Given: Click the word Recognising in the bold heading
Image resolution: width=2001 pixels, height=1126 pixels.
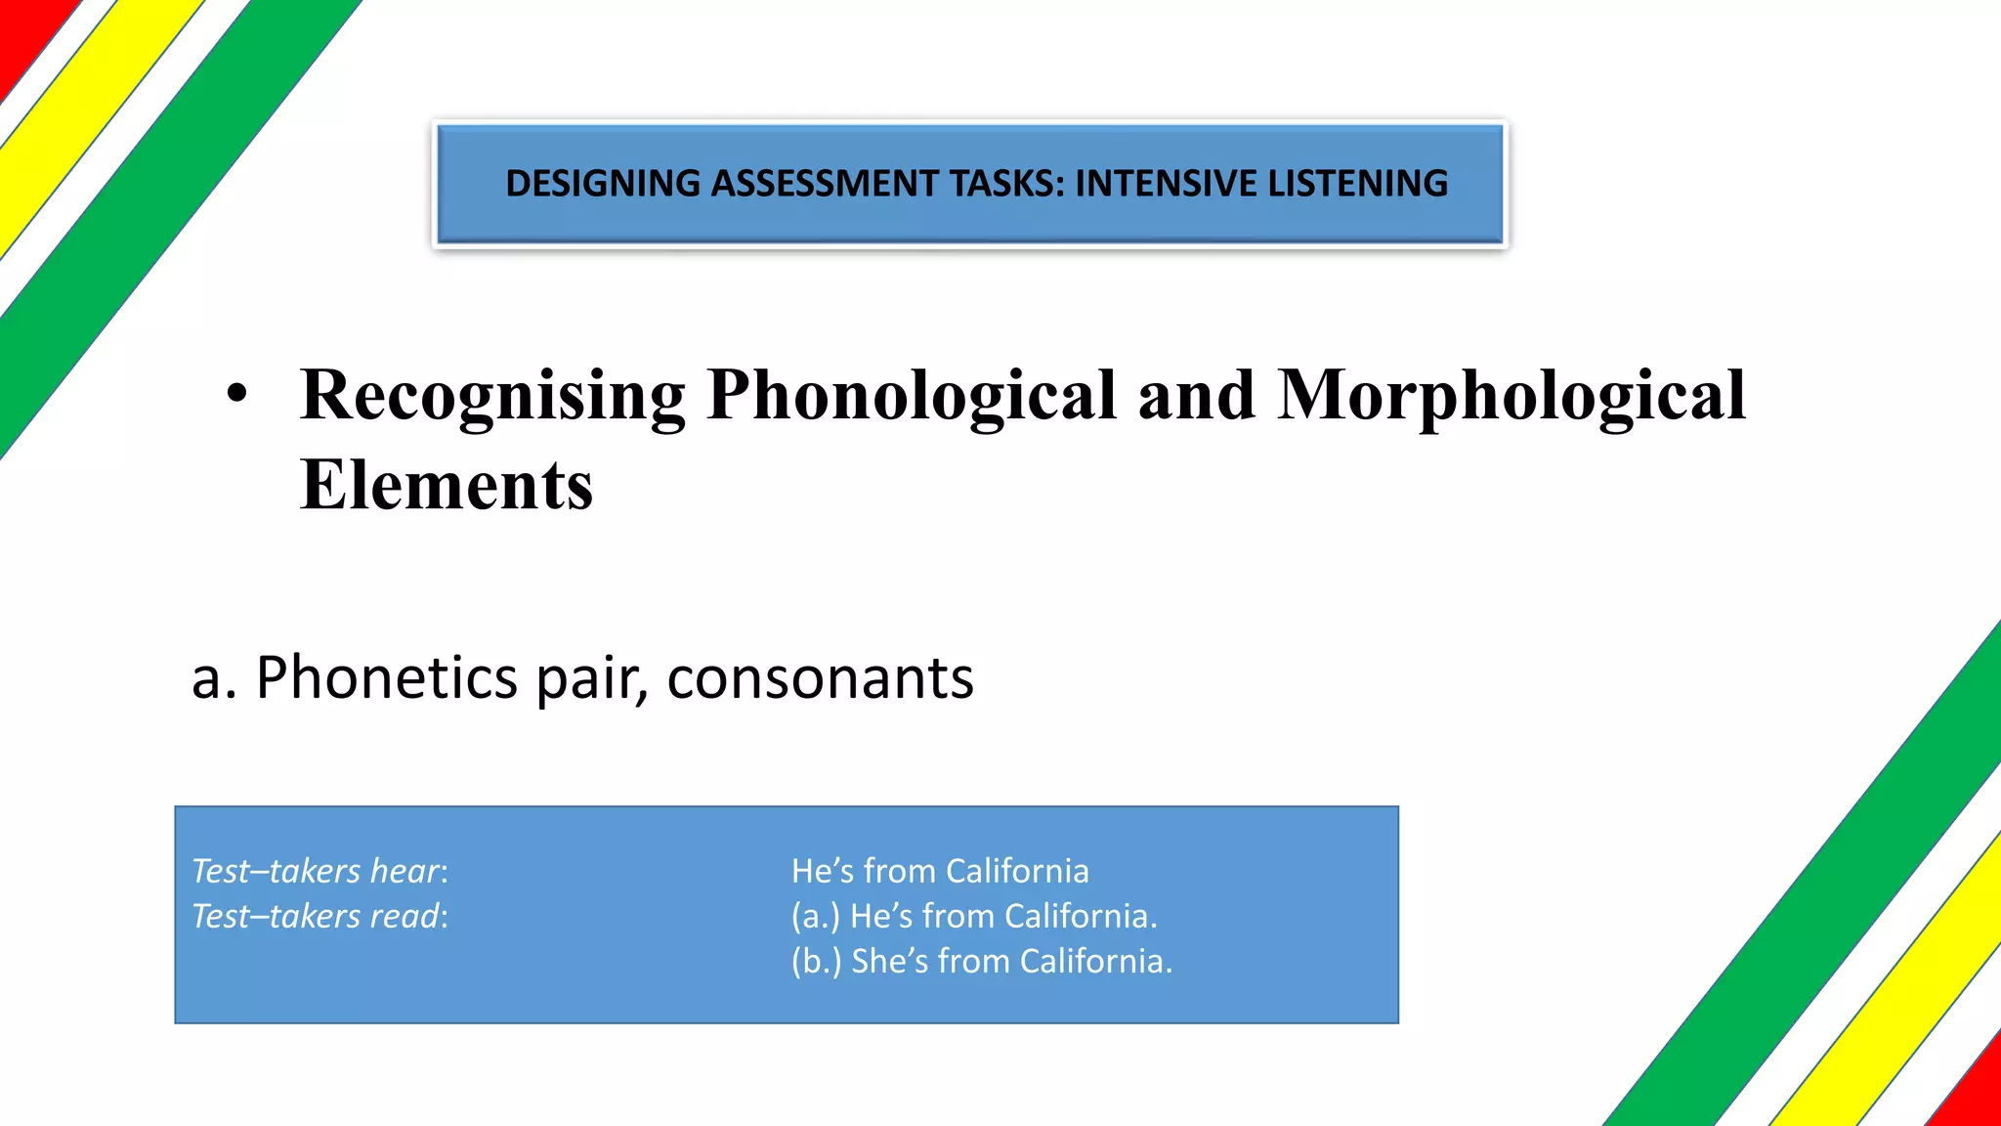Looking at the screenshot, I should pyautogui.click(x=492, y=397).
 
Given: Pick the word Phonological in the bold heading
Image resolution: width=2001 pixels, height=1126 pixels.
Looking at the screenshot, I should pyautogui.click(x=911, y=397).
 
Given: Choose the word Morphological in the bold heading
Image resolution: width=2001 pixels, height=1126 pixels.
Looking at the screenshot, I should pyautogui.click(x=1511, y=397).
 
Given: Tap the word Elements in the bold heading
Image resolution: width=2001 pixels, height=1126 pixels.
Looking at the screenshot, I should pyautogui.click(x=447, y=485).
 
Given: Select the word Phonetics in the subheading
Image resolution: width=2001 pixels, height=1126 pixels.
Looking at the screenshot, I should pyautogui.click(x=386, y=677).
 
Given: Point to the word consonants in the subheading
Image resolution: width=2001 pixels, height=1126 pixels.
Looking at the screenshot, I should pyautogui.click(x=820, y=677).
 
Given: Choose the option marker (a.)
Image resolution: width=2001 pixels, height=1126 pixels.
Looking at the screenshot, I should pyautogui.click(x=815, y=916).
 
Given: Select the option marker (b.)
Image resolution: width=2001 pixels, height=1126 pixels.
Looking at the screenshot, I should pyautogui.click(x=816, y=962).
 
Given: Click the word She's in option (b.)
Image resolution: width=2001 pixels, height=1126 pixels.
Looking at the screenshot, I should pyautogui.click(x=889, y=962).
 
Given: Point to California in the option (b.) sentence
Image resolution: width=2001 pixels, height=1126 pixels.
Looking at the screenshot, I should pyautogui.click(x=1095, y=962).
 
